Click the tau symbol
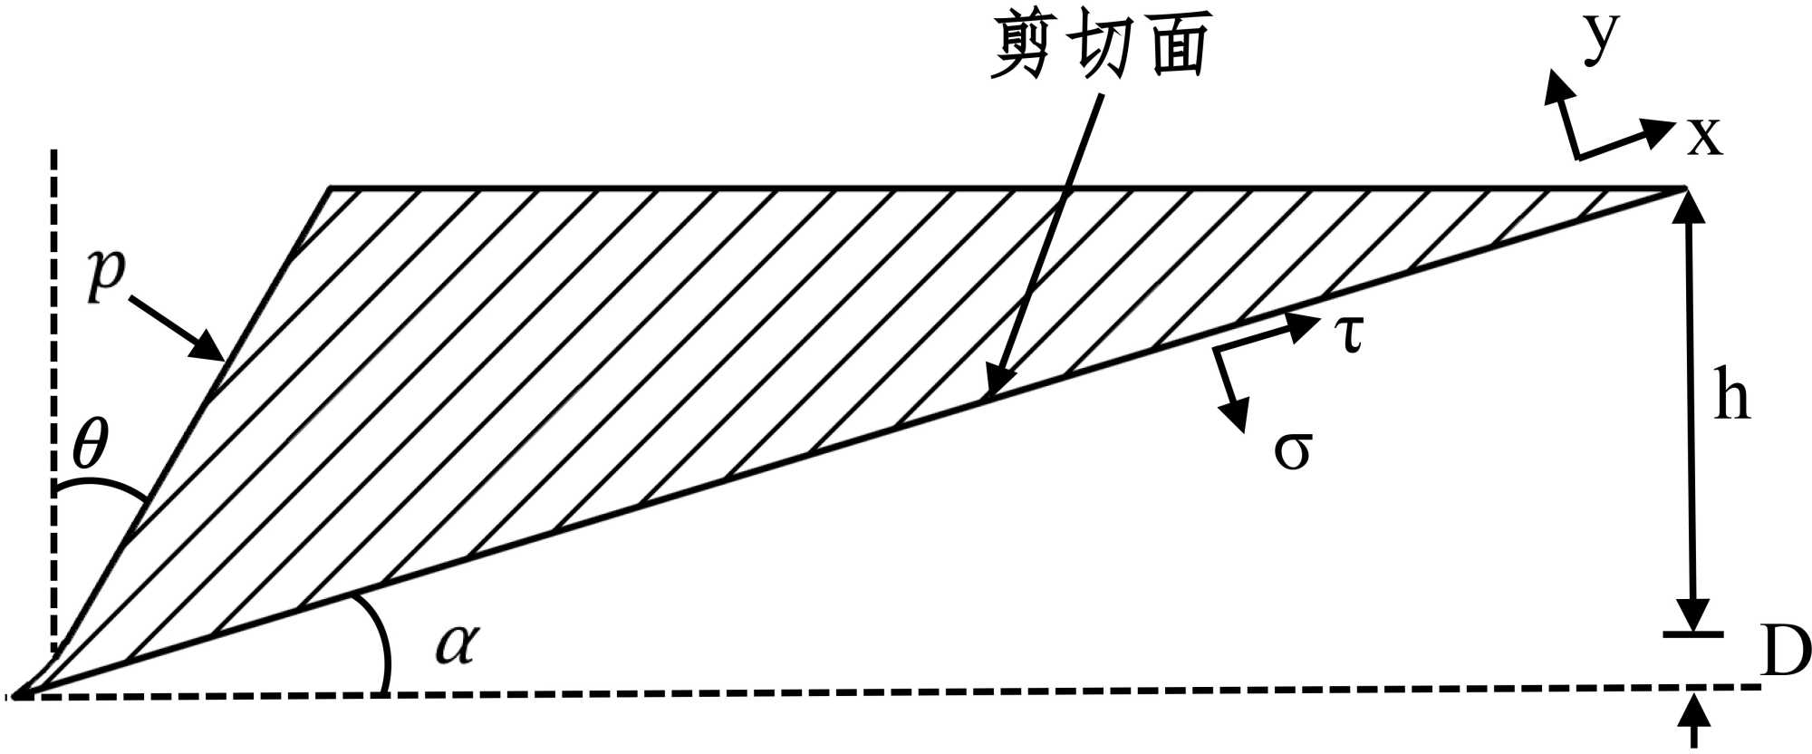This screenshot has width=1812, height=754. click(1349, 333)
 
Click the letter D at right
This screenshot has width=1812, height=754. click(1785, 651)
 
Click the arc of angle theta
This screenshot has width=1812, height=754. click(100, 485)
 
